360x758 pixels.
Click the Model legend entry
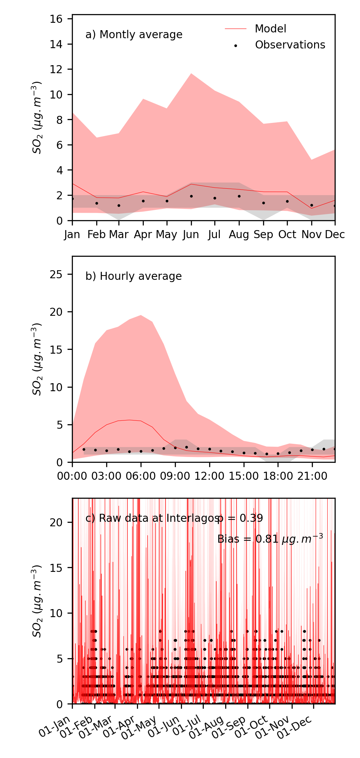tap(270, 29)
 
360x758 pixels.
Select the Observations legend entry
tap(290, 45)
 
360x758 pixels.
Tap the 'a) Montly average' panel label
tap(134, 35)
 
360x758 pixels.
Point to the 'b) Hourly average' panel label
tap(133, 276)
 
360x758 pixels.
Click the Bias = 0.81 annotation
tap(270, 539)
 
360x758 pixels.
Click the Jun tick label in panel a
tap(191, 235)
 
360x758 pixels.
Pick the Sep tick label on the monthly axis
tap(263, 235)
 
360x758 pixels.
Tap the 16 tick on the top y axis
tap(56, 19)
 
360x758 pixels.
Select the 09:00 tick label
tap(175, 476)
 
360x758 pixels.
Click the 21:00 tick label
tap(312, 476)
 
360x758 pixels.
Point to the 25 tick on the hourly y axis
tap(56, 275)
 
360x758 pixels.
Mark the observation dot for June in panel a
tap(191, 196)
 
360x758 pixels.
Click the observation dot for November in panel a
tap(312, 205)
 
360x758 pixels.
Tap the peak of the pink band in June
tap(191, 73)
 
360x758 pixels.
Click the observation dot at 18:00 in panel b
tap(278, 454)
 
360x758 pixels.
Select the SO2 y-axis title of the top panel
tap(37, 118)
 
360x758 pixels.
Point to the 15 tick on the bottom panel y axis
tap(56, 568)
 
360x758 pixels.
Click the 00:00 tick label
tap(72, 476)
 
